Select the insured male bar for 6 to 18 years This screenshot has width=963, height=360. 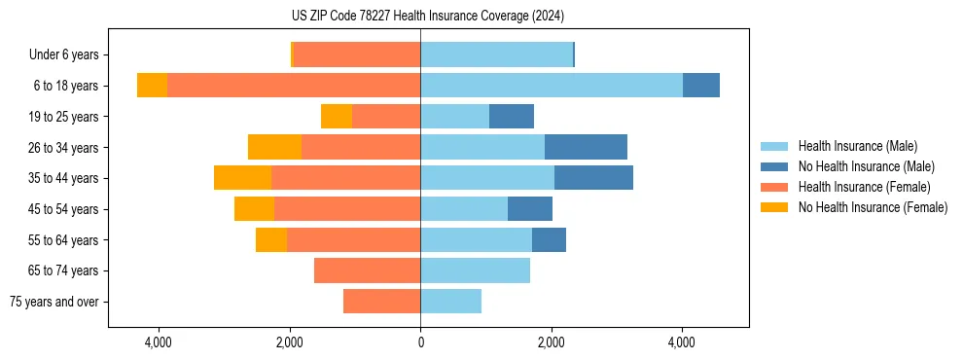[551, 86]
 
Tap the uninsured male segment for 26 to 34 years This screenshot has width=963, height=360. [586, 147]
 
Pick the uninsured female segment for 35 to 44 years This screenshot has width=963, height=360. [242, 178]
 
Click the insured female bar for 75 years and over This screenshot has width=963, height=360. [381, 302]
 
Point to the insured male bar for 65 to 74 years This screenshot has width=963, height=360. [475, 270]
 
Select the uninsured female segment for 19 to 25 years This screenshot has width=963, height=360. [336, 117]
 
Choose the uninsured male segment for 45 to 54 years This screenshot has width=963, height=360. [529, 209]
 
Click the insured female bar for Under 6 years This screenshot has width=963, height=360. [356, 54]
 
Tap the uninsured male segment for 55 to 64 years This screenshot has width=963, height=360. [549, 240]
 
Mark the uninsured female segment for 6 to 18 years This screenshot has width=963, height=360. [152, 86]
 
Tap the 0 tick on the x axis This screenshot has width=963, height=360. [420, 342]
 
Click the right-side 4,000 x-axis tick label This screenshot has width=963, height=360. [681, 342]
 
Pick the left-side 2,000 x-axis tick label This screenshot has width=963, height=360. [290, 342]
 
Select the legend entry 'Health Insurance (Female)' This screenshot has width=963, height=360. [864, 187]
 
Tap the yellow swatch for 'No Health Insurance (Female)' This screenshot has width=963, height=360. [774, 207]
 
